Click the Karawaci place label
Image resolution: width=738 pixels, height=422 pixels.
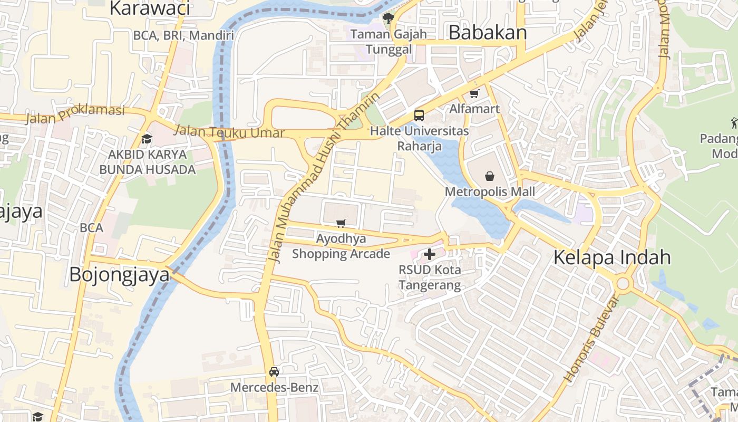point(150,8)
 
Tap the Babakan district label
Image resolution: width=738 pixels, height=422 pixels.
point(488,33)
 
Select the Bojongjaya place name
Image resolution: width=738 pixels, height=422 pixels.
point(120,275)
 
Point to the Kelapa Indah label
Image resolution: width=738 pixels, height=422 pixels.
point(612,257)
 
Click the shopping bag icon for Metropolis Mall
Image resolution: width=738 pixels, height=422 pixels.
point(490,176)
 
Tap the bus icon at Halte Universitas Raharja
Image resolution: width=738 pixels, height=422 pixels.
point(419,115)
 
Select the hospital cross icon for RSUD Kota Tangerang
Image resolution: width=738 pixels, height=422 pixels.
point(430,254)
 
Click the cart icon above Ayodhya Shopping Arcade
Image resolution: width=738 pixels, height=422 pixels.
point(341,223)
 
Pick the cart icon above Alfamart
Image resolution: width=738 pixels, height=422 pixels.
point(474,93)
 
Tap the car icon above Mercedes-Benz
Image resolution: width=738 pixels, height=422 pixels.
point(274,371)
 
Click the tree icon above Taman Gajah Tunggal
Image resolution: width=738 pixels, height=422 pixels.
point(389,19)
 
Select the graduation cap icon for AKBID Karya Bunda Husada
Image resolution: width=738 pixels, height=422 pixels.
point(147,139)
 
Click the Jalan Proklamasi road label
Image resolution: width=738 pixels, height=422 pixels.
point(75,113)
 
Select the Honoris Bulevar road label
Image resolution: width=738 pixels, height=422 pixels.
point(590,339)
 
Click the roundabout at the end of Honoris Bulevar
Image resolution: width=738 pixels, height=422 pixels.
point(623,284)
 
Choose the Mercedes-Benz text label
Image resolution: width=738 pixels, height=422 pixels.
point(274,388)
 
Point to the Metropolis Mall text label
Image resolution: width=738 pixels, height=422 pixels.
point(490,191)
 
